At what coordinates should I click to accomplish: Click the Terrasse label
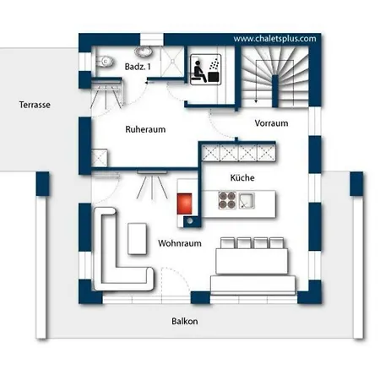[35, 105]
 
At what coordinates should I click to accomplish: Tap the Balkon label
[185, 321]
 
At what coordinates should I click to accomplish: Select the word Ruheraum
[145, 129]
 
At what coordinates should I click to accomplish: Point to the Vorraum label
[271, 123]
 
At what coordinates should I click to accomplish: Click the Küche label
[242, 177]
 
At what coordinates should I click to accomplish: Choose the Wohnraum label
[180, 243]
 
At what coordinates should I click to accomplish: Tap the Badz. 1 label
[138, 67]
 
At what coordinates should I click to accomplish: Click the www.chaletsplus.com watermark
[274, 39]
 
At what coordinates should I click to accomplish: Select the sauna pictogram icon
[205, 69]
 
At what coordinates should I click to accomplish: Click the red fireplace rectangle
[184, 204]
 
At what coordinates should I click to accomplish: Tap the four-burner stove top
[227, 200]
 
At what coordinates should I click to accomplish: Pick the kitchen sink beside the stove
[247, 200]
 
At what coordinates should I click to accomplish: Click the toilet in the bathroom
[105, 61]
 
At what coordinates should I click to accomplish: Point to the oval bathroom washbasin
[144, 52]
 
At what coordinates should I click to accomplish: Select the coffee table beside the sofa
[137, 239]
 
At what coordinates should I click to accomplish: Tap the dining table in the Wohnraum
[252, 261]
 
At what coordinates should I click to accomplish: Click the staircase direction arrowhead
[256, 100]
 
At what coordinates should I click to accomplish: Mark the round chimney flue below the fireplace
[190, 221]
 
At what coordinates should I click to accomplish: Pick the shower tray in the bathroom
[172, 62]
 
